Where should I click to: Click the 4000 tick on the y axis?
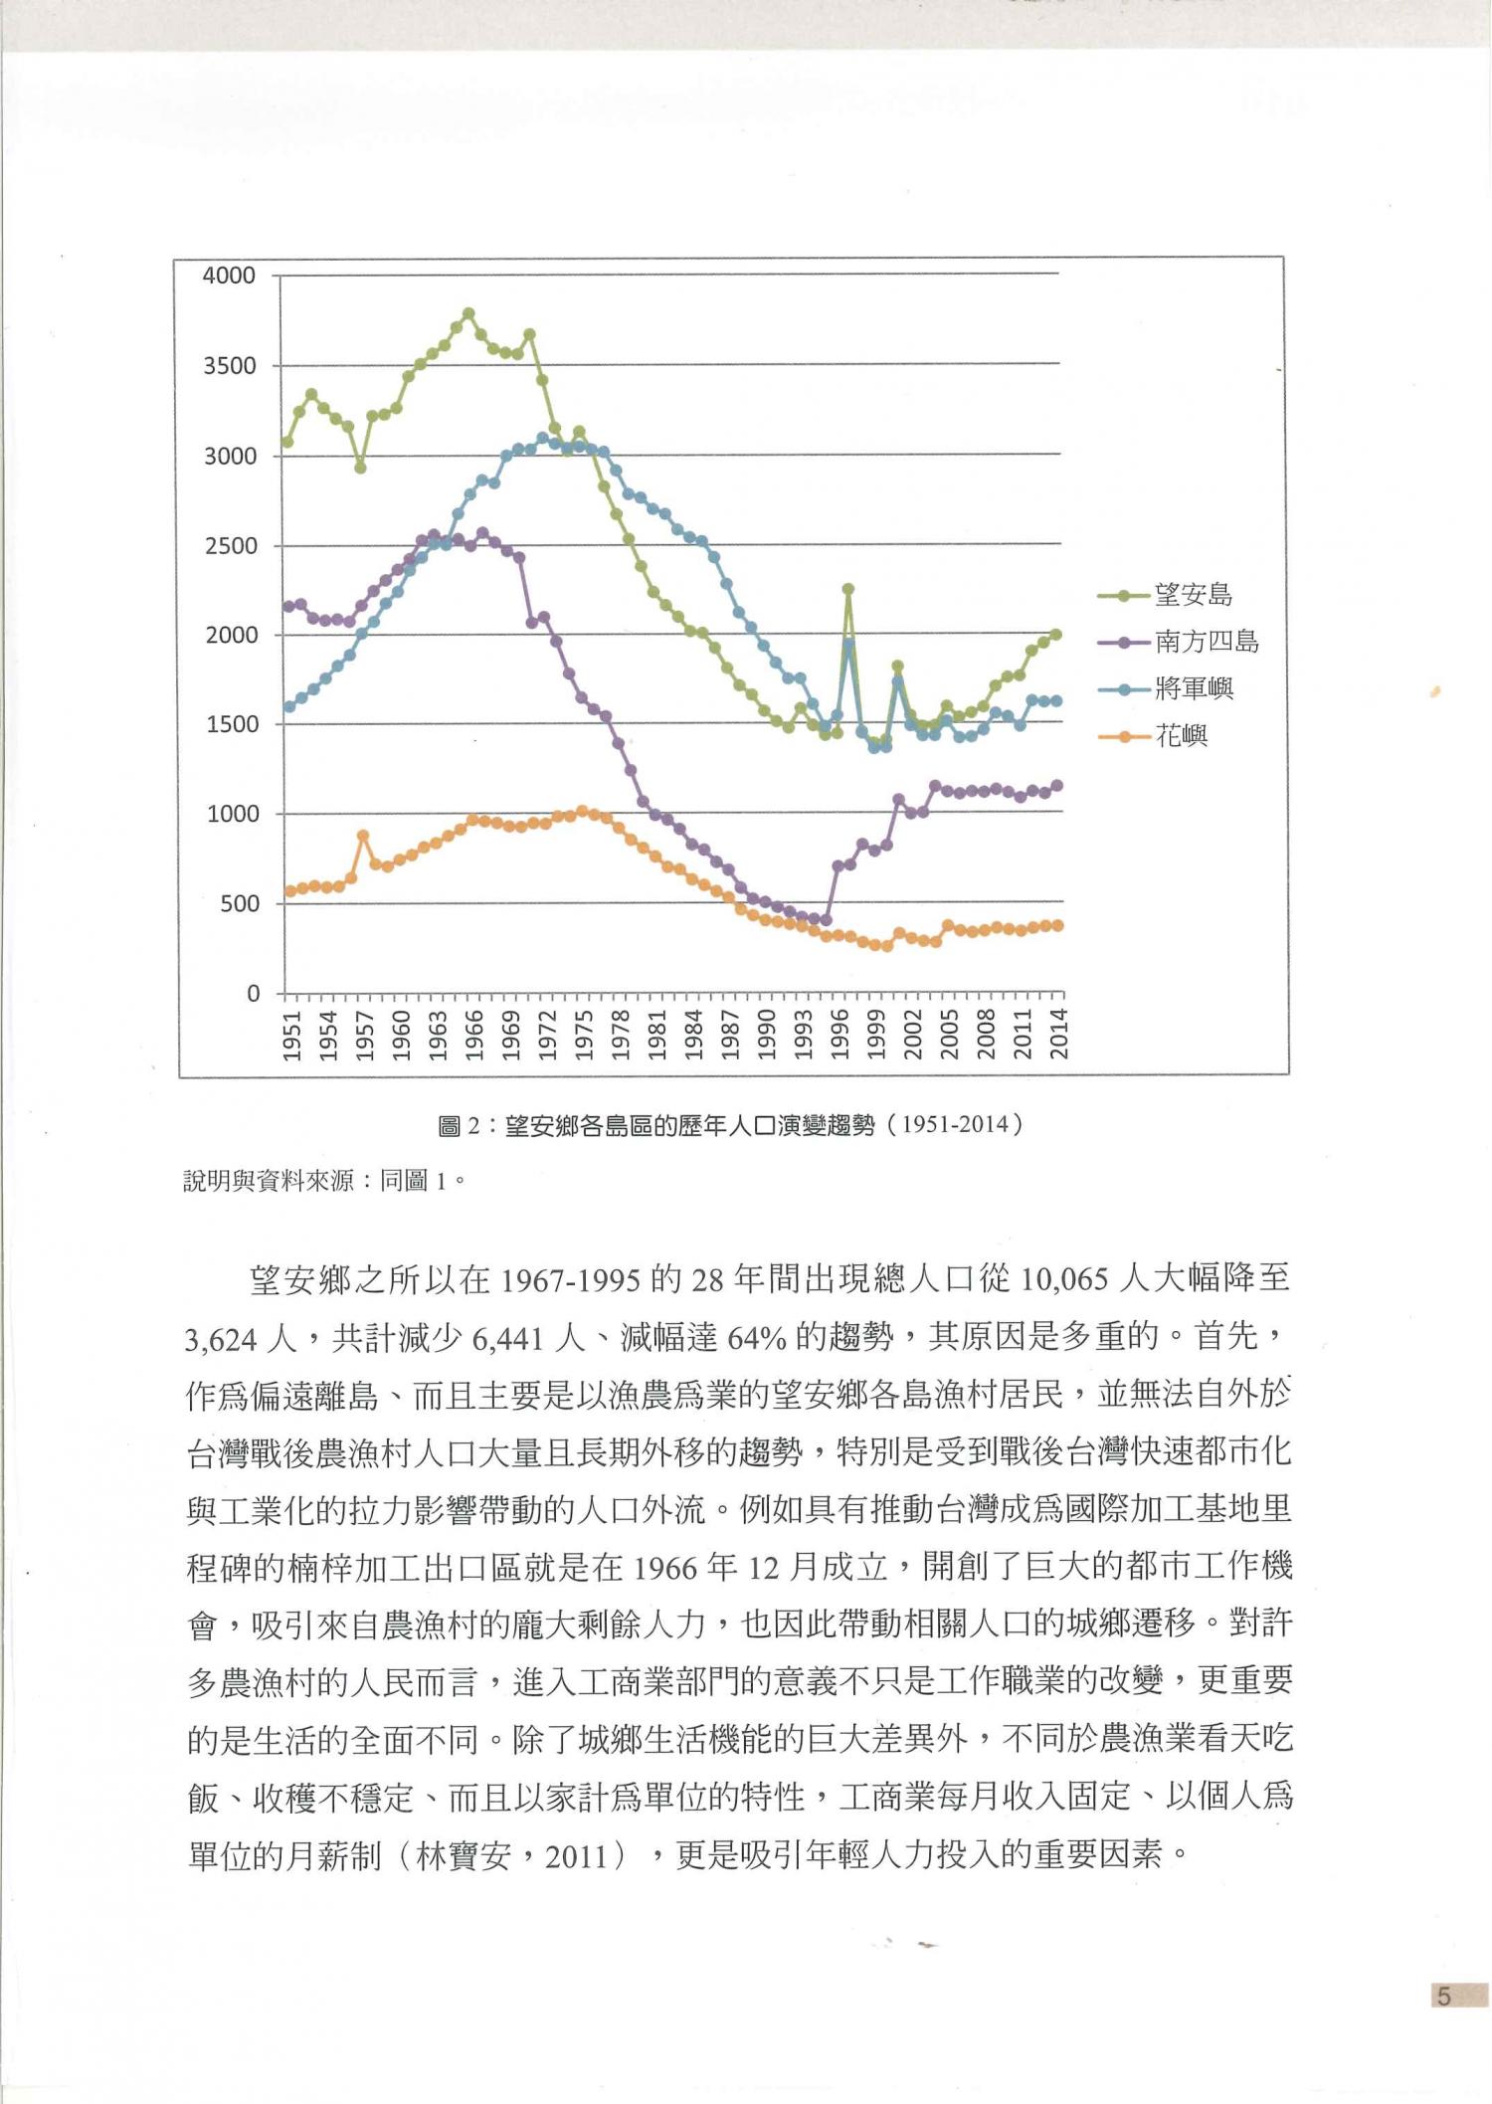229,276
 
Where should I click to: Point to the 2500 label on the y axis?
229,546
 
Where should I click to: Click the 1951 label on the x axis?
291,1036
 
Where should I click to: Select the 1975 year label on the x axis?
584,1036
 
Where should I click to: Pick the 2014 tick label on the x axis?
1059,1036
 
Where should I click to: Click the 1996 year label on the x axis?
840,1036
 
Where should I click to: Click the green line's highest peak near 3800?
468,313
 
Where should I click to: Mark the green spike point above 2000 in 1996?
848,589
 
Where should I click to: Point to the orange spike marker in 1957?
363,836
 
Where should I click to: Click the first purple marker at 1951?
289,606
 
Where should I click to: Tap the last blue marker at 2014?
1056,701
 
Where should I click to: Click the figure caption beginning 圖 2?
730,1125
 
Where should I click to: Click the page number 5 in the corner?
1444,1996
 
